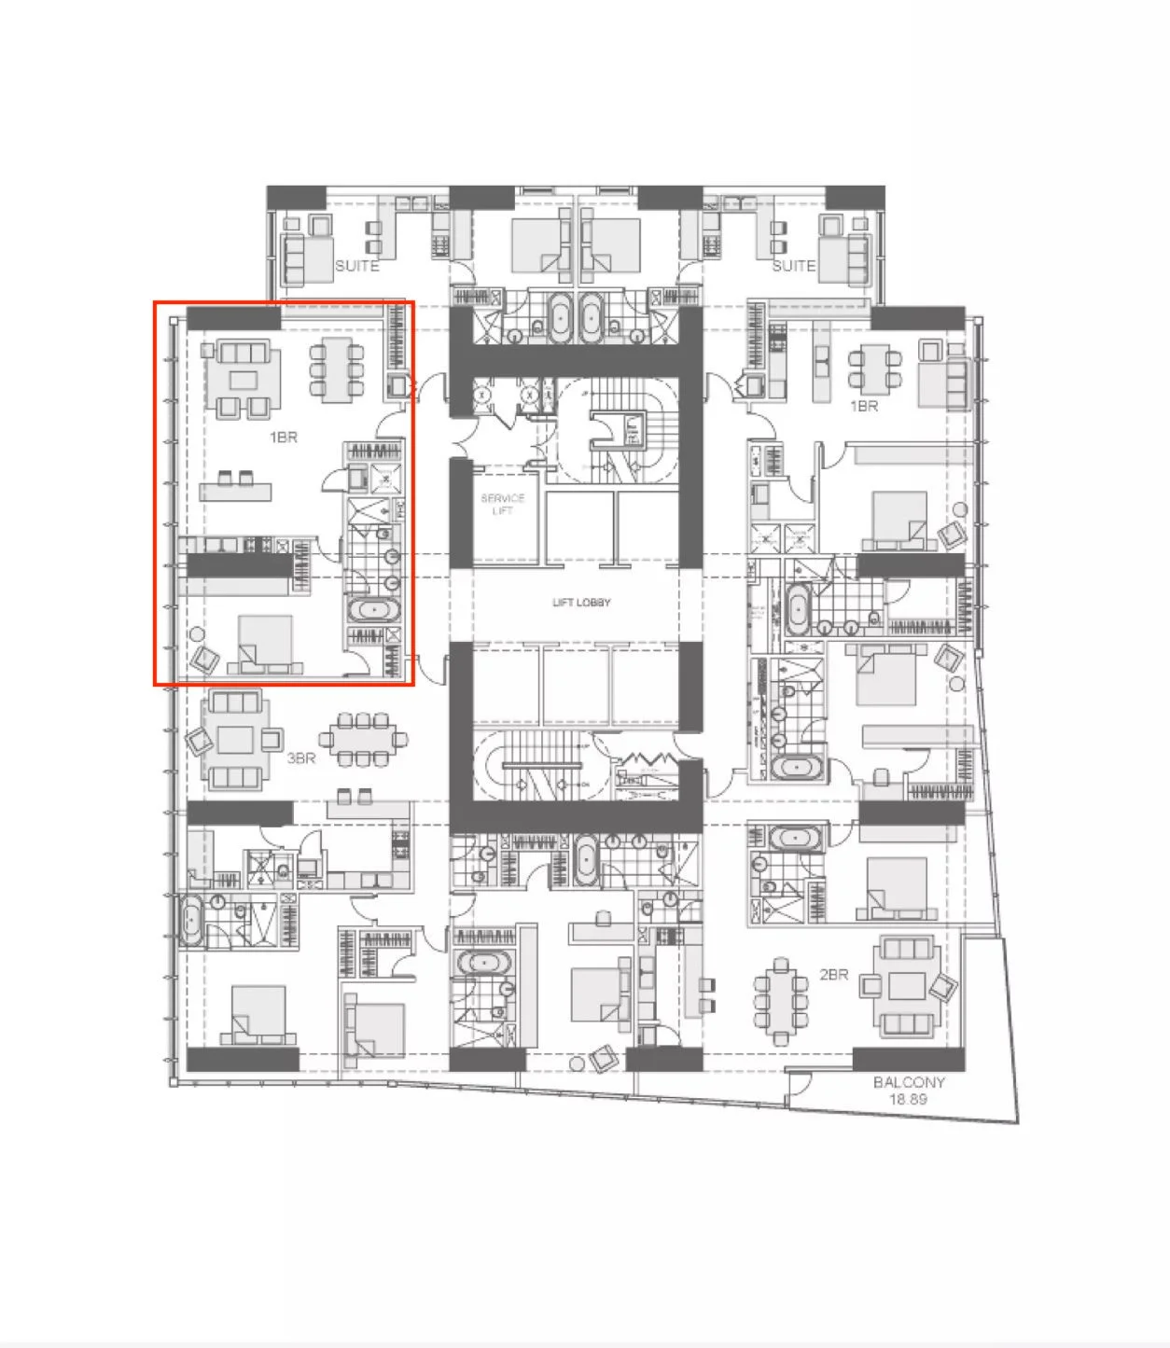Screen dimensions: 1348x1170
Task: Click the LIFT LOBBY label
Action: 581,603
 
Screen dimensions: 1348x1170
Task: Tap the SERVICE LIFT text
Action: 502,504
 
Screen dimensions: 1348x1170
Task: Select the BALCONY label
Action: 908,1082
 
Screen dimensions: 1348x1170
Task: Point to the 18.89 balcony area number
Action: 908,1100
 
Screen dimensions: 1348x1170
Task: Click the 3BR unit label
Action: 300,759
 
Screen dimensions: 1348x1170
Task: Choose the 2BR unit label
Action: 833,975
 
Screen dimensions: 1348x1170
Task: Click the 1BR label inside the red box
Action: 283,437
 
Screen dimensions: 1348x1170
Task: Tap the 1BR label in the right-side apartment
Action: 863,407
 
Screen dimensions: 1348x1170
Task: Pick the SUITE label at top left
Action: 356,266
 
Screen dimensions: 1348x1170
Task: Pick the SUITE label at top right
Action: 793,266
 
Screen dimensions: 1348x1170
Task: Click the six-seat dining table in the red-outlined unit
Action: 337,369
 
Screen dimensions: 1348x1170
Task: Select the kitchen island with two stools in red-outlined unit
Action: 235,491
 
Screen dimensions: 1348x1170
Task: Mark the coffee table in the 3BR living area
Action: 235,741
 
